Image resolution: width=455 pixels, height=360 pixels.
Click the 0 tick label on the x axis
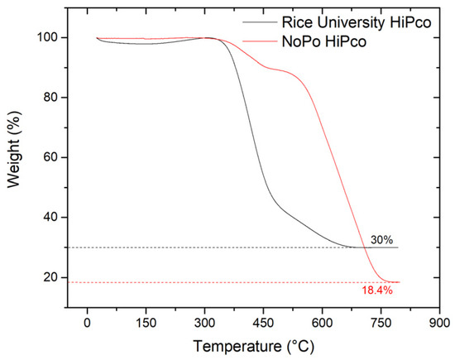tap(87, 324)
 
